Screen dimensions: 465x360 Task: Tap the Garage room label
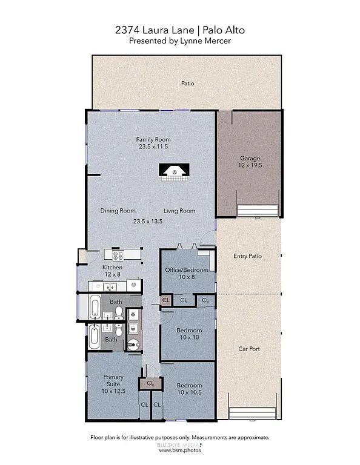(x=249, y=159)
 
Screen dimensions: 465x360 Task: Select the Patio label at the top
(x=187, y=83)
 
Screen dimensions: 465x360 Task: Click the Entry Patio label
(x=247, y=256)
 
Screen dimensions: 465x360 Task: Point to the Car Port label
(x=248, y=349)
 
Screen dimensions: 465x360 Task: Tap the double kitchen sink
(x=99, y=285)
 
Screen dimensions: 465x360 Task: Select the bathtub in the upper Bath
(x=95, y=308)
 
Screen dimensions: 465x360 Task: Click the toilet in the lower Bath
(x=119, y=330)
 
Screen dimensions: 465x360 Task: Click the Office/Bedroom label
(x=187, y=270)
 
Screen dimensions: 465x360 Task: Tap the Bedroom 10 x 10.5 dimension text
(x=188, y=393)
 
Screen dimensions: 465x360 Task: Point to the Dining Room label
(x=118, y=211)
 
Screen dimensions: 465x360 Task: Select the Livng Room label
(x=179, y=211)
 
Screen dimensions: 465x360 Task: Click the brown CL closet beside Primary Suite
(x=150, y=383)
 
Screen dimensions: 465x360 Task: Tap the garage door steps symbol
(x=258, y=210)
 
